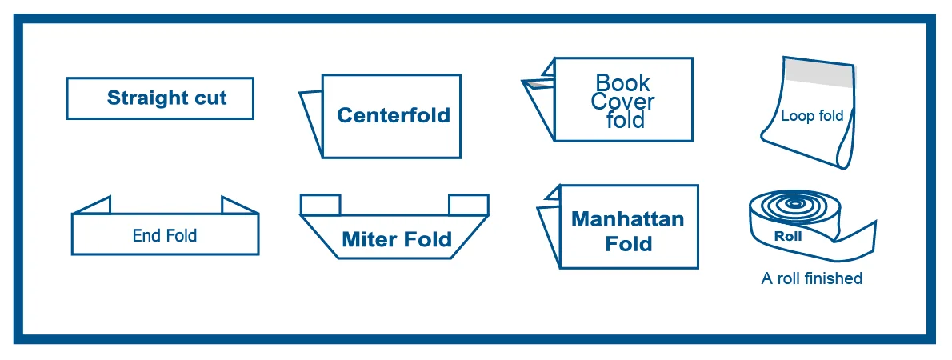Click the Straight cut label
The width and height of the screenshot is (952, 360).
pyautogui.click(x=166, y=98)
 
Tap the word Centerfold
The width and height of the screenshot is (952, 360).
pyautogui.click(x=393, y=115)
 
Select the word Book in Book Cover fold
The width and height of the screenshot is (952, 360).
pyautogui.click(x=623, y=83)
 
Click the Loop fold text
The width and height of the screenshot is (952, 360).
pyautogui.click(x=811, y=116)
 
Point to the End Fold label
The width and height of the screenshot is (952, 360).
pyautogui.click(x=164, y=235)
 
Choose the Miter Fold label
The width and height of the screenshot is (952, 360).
pyautogui.click(x=396, y=239)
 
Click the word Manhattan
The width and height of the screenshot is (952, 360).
pyautogui.click(x=627, y=219)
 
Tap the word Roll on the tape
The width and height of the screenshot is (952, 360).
pyautogui.click(x=787, y=237)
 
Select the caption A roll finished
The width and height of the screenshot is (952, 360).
pyautogui.click(x=811, y=278)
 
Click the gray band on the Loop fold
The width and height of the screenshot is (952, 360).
pyautogui.click(x=818, y=74)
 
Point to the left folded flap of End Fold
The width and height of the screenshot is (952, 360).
pyautogui.click(x=94, y=206)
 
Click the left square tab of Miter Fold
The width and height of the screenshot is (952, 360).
pyautogui.click(x=320, y=205)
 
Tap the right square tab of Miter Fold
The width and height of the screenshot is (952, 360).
pyautogui.click(x=468, y=205)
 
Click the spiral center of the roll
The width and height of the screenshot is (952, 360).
pyautogui.click(x=794, y=204)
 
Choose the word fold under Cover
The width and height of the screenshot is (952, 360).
pyautogui.click(x=625, y=121)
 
